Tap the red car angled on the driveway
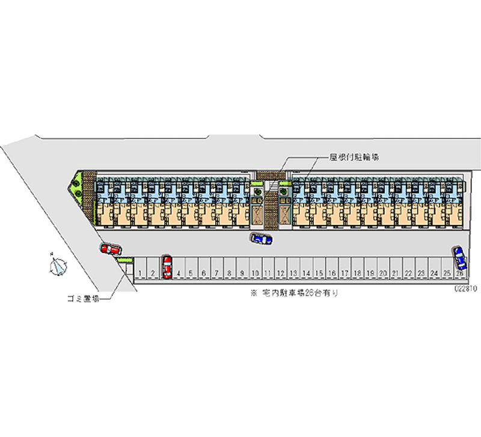click(111, 248)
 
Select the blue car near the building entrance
click(261, 239)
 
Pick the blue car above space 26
click(459, 257)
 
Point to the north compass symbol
click(58, 264)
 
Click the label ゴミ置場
click(83, 299)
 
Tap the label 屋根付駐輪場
click(354, 157)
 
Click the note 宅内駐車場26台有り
click(295, 293)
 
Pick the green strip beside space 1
click(125, 260)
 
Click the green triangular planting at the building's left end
click(76, 185)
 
